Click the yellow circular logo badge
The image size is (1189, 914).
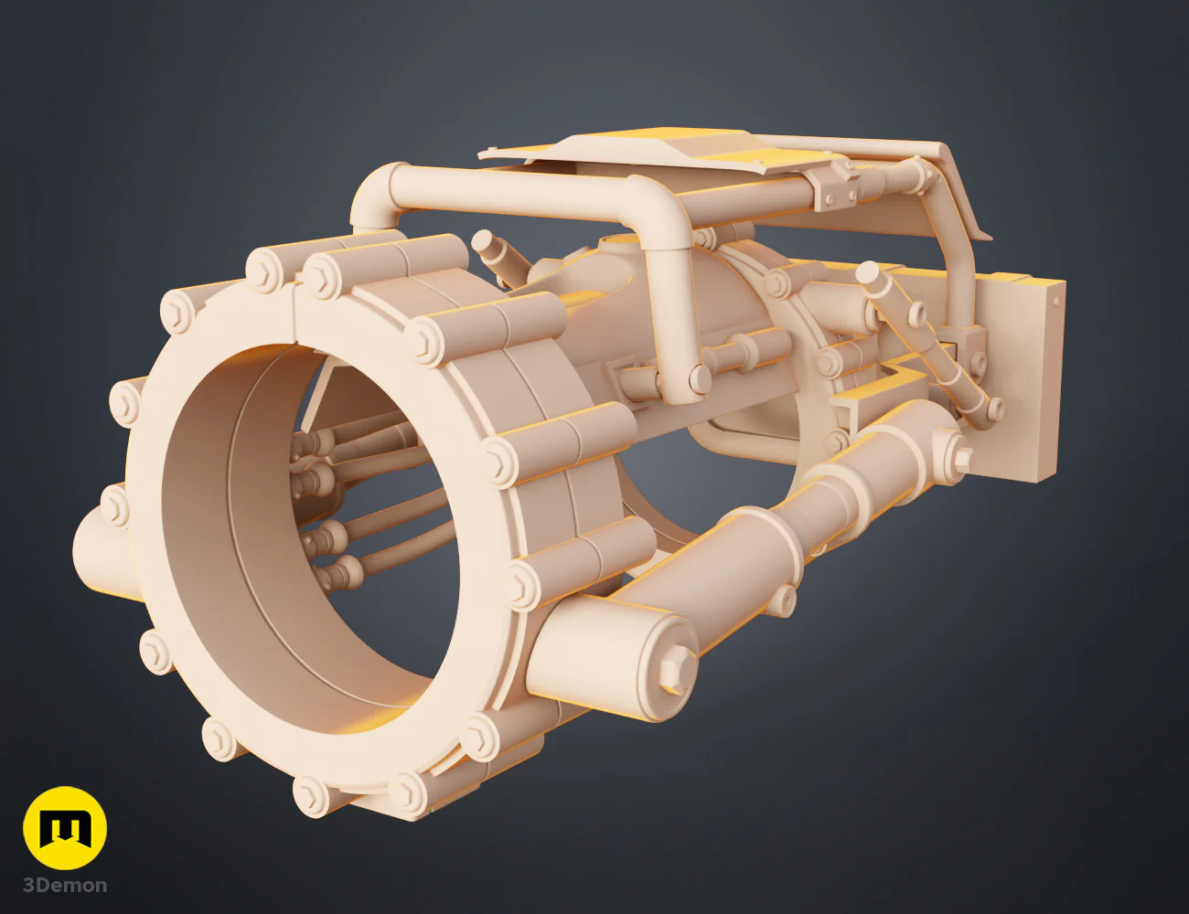(65, 827)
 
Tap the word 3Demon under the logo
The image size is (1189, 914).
(65, 886)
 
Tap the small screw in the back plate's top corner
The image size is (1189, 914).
(1056, 302)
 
